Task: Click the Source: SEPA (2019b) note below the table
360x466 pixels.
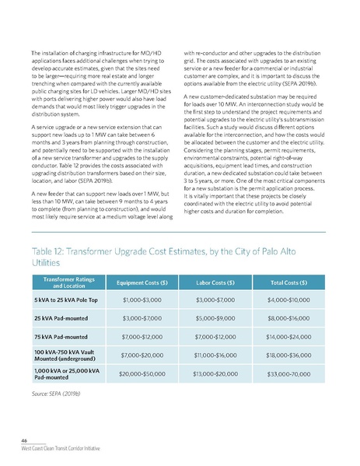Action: click(58, 393)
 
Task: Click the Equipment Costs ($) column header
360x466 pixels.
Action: click(142, 282)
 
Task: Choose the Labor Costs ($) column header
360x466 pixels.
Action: click(218, 282)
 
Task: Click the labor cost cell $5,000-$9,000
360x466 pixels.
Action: click(218, 317)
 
